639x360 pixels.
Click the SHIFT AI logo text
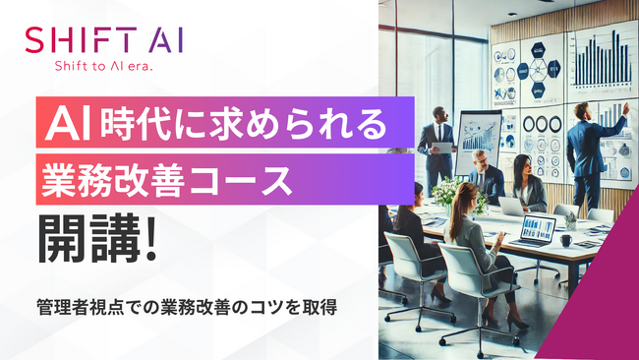pos(103,42)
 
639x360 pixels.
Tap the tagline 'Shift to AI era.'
pos(103,66)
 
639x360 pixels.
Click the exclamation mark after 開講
pos(149,240)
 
